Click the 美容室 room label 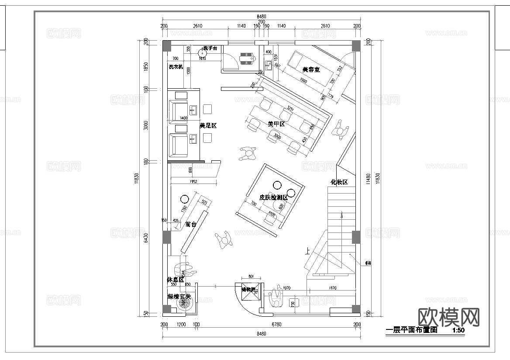[311, 69]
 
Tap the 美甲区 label [276, 124]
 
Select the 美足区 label [208, 125]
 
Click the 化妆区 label [339, 182]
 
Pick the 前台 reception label [191, 224]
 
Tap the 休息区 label [175, 279]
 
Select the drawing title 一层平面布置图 [412, 330]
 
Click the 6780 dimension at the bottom [276, 324]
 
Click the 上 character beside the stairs [308, 251]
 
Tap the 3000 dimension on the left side [146, 126]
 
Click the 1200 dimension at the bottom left [181, 324]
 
